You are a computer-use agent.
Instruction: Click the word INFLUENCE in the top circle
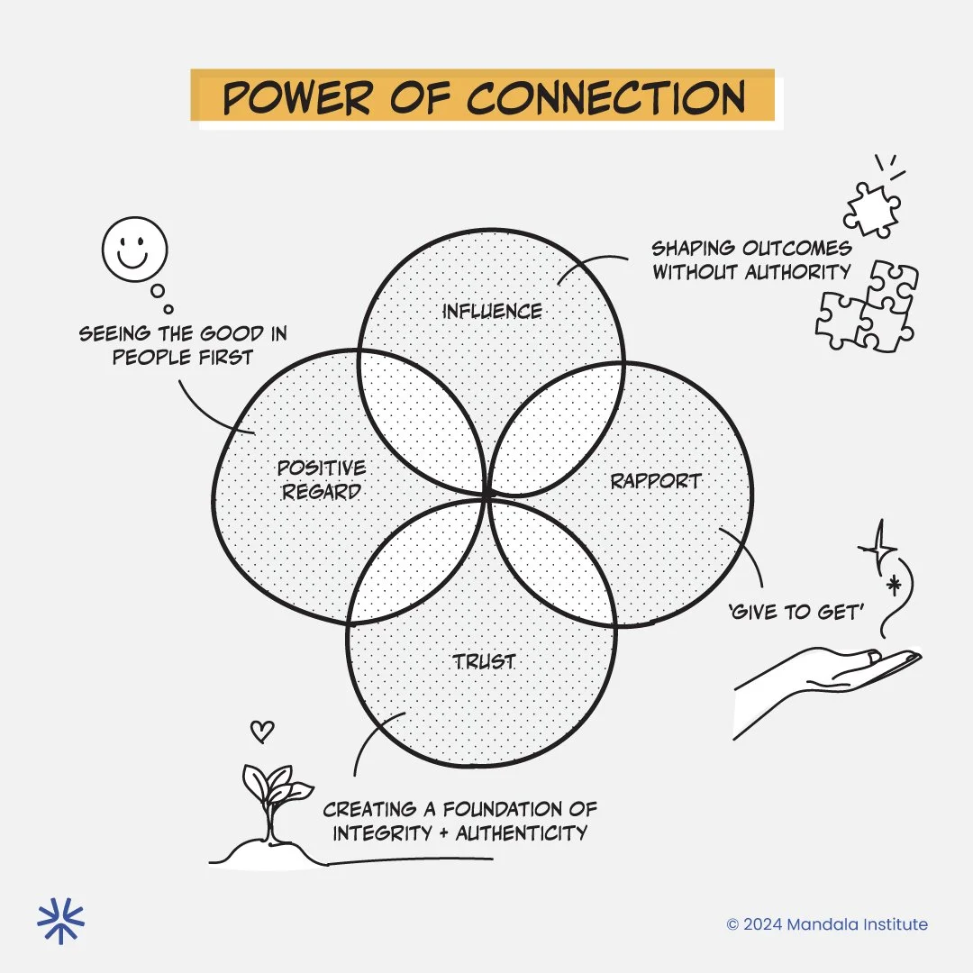tap(492, 312)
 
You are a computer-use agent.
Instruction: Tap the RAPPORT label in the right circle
tap(655, 480)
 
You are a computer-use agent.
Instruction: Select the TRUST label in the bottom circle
tap(484, 661)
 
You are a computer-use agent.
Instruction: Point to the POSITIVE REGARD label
tap(321, 479)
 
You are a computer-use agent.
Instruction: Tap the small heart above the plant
tap(261, 732)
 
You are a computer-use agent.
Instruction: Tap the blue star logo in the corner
tap(60, 921)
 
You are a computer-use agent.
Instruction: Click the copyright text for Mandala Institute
tap(827, 923)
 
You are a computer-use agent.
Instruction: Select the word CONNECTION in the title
tap(605, 97)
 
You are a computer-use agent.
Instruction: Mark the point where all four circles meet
tap(487, 495)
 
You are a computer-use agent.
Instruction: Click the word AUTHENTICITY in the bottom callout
tap(521, 832)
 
